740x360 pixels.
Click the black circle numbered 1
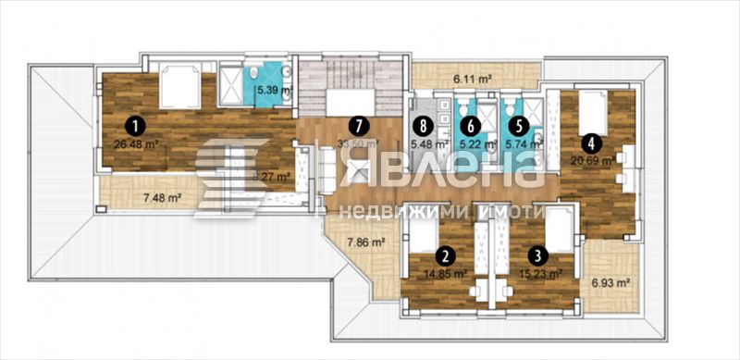(x=135, y=123)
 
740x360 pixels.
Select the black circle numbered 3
(x=536, y=251)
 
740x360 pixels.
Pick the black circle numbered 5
(x=519, y=125)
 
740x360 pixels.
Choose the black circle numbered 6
(x=471, y=125)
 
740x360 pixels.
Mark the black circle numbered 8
(x=423, y=125)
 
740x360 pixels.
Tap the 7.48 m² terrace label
(x=161, y=197)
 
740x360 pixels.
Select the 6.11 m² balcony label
(x=473, y=81)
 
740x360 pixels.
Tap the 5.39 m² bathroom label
(x=274, y=90)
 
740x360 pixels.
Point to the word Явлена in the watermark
(x=436, y=178)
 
